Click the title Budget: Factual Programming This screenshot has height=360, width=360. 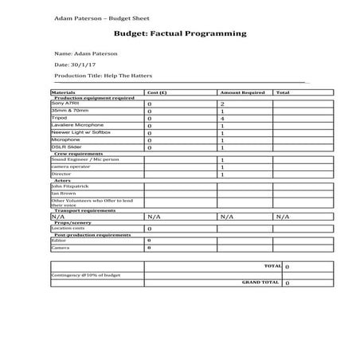click(180, 34)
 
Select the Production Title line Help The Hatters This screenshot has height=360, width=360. click(102, 75)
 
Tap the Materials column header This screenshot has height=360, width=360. click(63, 92)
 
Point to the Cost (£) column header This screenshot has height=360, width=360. click(157, 92)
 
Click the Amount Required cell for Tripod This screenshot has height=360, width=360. click(222, 119)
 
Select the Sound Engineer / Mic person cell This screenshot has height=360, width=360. click(84, 159)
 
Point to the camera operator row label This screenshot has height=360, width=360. click(71, 166)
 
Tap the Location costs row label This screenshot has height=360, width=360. click(67, 229)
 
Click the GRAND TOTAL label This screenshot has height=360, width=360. click(260, 282)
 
